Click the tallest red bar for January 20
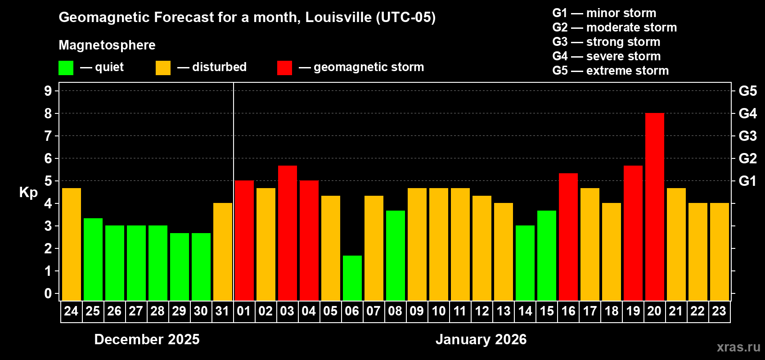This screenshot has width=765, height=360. (654, 207)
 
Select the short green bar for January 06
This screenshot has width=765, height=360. (352, 278)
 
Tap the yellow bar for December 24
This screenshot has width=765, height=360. (71, 244)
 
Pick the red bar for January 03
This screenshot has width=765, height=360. (287, 233)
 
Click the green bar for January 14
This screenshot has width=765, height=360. (525, 263)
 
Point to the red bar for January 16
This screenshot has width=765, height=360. (568, 237)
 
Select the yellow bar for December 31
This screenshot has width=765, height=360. (222, 252)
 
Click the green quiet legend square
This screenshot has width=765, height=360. (66, 68)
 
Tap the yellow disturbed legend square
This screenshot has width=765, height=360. (163, 68)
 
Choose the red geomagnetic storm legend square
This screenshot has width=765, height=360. (284, 68)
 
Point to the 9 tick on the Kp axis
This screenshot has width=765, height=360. (48, 91)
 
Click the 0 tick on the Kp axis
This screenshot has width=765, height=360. (48, 294)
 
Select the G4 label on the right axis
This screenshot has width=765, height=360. (747, 113)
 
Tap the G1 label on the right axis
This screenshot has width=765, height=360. (747, 181)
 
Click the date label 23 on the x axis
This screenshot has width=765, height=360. (719, 311)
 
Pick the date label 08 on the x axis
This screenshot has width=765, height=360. (395, 311)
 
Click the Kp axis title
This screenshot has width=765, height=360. (28, 193)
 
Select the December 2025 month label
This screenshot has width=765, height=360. (147, 339)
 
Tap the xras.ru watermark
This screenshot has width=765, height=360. (738, 347)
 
